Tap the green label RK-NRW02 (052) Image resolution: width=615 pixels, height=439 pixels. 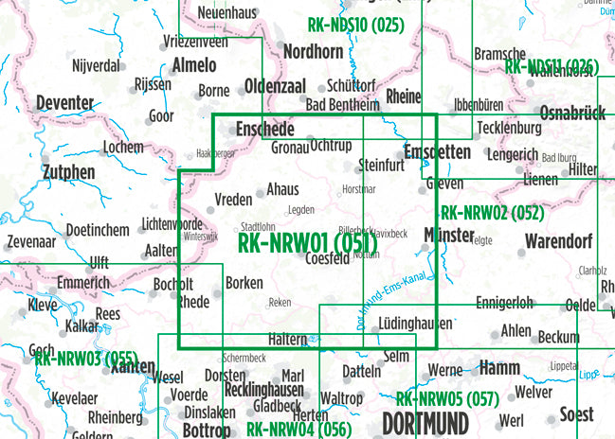492,213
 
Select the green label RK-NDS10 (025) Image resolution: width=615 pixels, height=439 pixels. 355,26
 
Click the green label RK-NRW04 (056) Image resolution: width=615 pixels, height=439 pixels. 298,429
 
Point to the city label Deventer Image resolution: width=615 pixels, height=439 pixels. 64,103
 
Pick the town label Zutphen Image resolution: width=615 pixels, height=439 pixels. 68,172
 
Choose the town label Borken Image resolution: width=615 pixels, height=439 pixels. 244,282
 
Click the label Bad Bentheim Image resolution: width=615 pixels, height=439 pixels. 341,104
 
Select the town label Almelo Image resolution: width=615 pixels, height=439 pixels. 195,65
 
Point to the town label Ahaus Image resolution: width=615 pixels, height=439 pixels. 283,189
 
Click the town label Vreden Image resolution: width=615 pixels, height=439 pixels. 233,199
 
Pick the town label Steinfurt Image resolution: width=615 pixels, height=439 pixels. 382,166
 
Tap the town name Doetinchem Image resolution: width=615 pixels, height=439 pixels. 98,231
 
